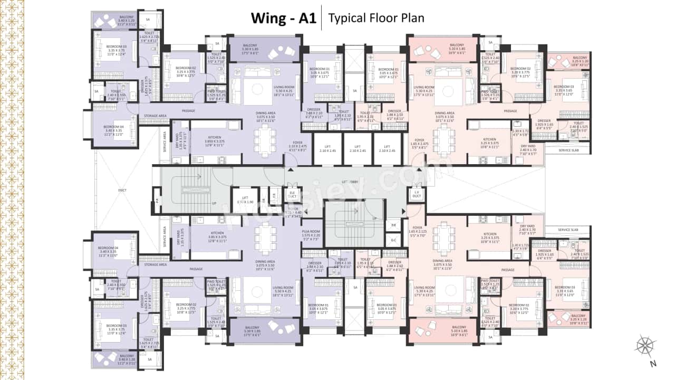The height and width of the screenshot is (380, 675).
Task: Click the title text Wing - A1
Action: click(x=283, y=18)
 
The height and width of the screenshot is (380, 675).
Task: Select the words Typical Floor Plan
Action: click(x=376, y=18)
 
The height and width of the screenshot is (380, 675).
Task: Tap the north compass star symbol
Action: click(x=645, y=345)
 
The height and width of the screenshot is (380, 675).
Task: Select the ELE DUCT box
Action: click(x=291, y=194)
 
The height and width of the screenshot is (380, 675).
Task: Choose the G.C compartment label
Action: click(x=393, y=239)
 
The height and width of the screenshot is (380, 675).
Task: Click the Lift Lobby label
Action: click(x=350, y=182)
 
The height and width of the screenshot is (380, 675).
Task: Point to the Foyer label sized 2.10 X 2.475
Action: click(x=298, y=146)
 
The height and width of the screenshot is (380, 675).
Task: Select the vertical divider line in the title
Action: click(x=321, y=18)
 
